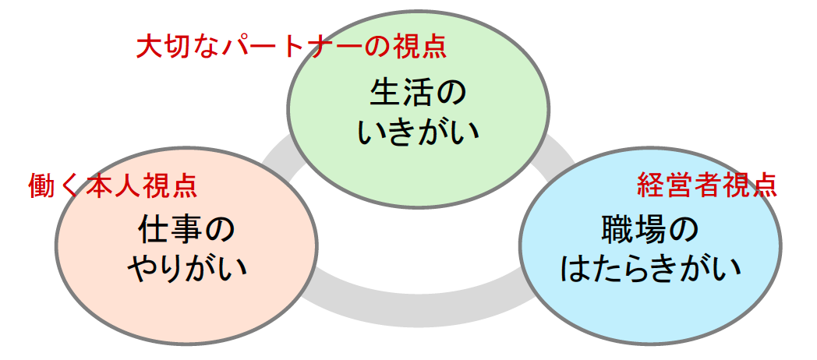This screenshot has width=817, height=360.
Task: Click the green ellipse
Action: tap(419, 109)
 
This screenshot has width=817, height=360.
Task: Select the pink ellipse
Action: tap(186, 245)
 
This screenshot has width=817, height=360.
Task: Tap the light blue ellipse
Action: tap(650, 245)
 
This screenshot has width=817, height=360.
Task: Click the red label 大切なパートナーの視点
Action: tap(292, 48)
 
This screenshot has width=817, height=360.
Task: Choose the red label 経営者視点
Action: tap(707, 185)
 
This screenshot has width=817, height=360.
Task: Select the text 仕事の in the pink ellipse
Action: tap(186, 231)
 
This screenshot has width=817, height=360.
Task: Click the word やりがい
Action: tap(186, 269)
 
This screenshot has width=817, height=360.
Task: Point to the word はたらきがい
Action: tap(650, 269)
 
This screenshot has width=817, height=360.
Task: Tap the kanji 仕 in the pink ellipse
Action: tap(154, 231)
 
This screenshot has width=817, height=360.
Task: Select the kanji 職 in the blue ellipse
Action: tap(617, 231)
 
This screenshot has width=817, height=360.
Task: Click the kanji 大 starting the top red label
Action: tap(149, 48)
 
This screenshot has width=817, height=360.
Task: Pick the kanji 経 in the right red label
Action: tap(649, 185)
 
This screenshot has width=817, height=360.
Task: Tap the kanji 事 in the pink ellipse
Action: tap(186, 231)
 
